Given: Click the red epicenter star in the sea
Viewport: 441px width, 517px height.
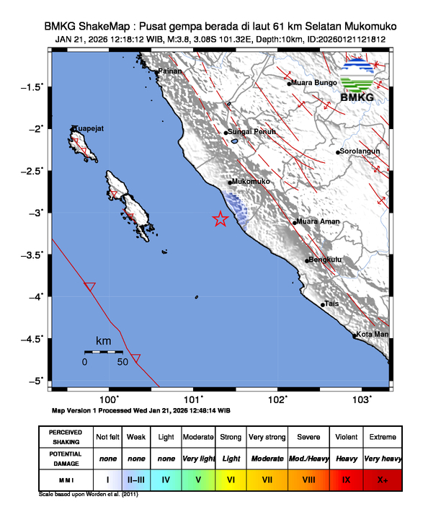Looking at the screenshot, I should pos(220,219).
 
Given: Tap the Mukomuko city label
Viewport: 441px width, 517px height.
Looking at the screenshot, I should pos(251,182).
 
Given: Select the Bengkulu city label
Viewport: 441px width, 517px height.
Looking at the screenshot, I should pos(324,260).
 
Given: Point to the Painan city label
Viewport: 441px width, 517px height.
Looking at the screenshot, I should pos(171,71).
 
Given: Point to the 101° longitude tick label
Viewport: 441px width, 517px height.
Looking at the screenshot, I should pos(193,399).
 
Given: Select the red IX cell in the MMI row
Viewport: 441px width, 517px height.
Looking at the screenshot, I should pos(345,479).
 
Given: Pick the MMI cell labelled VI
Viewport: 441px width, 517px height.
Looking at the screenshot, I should pos(231,479).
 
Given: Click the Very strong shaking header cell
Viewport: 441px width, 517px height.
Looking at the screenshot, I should pos(267,437).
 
